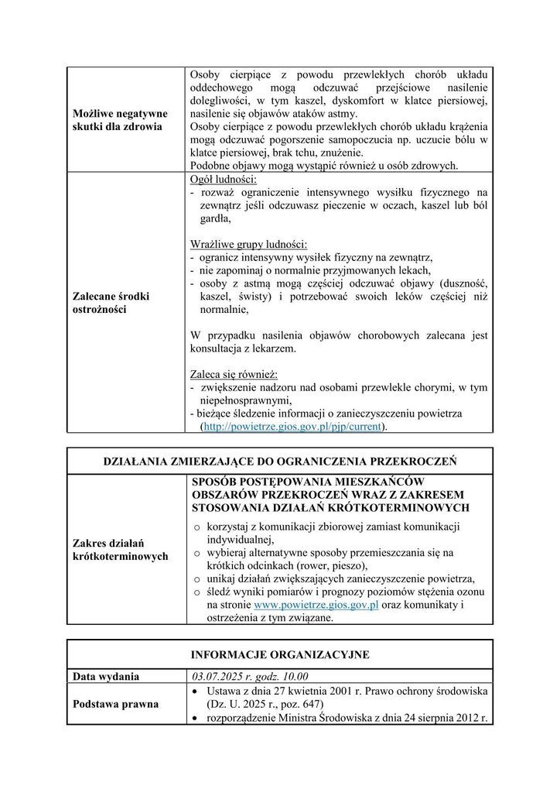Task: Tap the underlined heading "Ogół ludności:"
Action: click(224, 180)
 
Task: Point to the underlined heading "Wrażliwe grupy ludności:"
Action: click(249, 243)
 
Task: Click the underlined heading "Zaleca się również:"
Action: click(234, 373)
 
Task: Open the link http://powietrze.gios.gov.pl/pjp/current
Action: click(293, 426)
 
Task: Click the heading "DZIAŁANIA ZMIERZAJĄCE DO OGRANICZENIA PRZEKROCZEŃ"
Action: click(280, 461)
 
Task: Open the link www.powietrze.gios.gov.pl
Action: click(316, 605)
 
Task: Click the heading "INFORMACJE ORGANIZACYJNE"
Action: click(280, 655)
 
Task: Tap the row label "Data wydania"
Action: click(106, 676)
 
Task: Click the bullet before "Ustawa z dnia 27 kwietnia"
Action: click(197, 690)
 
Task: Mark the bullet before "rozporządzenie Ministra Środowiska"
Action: click(197, 718)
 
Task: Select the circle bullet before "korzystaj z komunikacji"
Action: click(197, 527)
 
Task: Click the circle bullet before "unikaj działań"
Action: click(197, 578)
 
